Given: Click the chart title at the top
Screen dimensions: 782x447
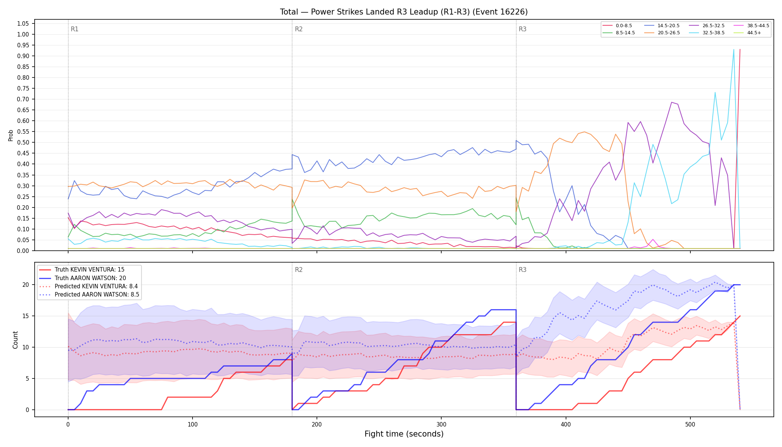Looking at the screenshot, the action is [404, 12].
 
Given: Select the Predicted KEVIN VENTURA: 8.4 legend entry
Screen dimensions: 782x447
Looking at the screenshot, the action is [88, 286].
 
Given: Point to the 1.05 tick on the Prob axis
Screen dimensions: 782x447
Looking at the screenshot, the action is [23, 23].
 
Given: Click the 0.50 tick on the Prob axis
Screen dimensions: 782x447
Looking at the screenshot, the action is [23, 142].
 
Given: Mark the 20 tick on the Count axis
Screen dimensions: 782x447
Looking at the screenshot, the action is [26, 285].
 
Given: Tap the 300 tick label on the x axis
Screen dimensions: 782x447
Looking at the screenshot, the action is [441, 425].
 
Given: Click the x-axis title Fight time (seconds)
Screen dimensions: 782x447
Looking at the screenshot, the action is [404, 434].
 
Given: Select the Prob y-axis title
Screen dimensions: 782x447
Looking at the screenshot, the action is [11, 135].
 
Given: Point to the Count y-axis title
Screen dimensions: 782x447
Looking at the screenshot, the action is [15, 340].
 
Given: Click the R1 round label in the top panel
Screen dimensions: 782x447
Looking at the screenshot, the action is [74, 29].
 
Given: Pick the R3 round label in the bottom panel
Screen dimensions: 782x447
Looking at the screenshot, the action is [522, 270].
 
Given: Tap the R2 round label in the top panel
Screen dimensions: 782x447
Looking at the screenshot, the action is [299, 29].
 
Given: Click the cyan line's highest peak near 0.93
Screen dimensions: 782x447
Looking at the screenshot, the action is [734, 50].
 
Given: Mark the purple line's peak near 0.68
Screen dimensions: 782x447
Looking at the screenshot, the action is [671, 102].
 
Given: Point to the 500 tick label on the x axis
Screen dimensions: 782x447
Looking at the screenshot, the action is [690, 425].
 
